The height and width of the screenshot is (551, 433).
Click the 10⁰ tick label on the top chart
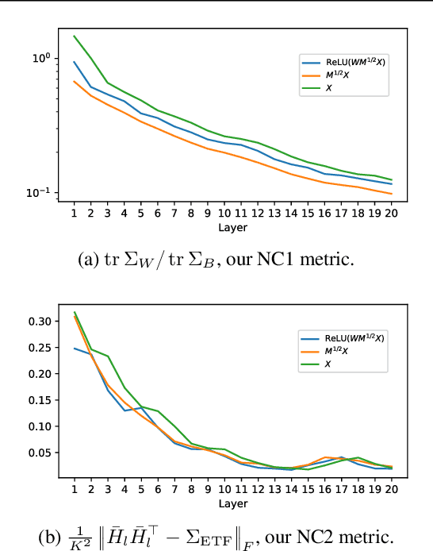pyautogui.click(x=41, y=58)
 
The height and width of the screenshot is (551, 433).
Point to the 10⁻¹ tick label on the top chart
pyautogui.click(x=40, y=192)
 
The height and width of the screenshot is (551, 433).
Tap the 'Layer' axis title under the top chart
pyautogui.click(x=233, y=227)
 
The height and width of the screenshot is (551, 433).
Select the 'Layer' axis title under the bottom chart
pyautogui.click(x=233, y=505)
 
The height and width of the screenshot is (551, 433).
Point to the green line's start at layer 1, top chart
pyautogui.click(x=75, y=36)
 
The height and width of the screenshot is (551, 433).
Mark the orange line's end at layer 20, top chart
pyautogui.click(x=392, y=194)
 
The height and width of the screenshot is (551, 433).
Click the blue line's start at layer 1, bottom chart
pyautogui.click(x=75, y=348)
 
